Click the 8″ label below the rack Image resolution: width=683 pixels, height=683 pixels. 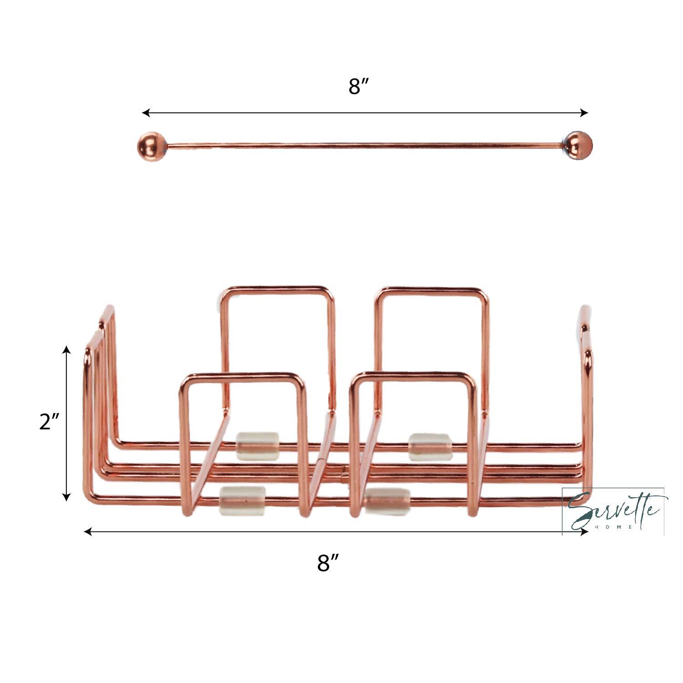point(329,563)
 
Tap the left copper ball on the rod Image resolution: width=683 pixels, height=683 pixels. point(150,146)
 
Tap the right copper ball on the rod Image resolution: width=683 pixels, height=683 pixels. point(579,145)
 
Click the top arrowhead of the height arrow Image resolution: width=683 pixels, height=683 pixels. point(67,350)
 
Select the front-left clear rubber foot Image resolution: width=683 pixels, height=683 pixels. point(242,500)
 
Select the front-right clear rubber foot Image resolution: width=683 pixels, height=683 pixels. point(387,501)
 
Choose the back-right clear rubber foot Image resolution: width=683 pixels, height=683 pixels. point(430,447)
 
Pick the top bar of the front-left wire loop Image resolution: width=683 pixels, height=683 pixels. point(241,376)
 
